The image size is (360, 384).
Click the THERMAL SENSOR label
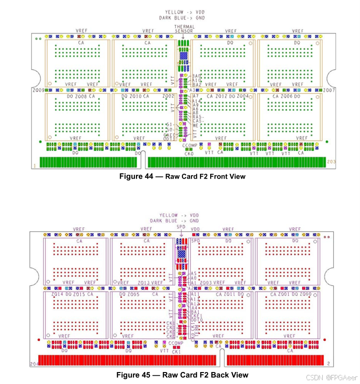(x=184, y=29)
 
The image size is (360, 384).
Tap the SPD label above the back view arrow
(x=181, y=226)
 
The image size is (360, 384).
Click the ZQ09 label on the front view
(x=38, y=90)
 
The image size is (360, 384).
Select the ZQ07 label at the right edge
(x=329, y=90)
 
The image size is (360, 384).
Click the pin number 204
(x=34, y=364)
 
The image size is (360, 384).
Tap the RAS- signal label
(x=198, y=117)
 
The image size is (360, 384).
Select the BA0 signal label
(x=196, y=77)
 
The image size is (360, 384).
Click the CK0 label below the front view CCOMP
(x=189, y=154)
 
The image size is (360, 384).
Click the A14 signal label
(x=197, y=101)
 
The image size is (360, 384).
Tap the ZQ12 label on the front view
(x=221, y=96)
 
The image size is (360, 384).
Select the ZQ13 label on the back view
(x=144, y=283)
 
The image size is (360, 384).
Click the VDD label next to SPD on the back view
(x=195, y=229)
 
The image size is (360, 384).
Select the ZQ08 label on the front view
(x=80, y=96)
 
